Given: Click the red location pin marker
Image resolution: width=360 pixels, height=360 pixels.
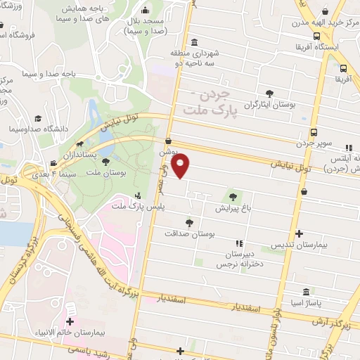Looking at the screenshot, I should click(181, 166).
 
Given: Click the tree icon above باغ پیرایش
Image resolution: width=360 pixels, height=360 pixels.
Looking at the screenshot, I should click(233, 196).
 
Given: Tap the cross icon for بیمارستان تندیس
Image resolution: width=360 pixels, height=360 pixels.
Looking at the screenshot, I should click(300, 233).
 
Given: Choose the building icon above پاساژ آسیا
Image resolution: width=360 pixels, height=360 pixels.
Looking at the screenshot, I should click(306, 292).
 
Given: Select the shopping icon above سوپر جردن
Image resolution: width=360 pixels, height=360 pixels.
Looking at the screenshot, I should click(313, 131).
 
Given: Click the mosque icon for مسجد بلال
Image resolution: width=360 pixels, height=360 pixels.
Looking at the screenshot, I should click(145, 11).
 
